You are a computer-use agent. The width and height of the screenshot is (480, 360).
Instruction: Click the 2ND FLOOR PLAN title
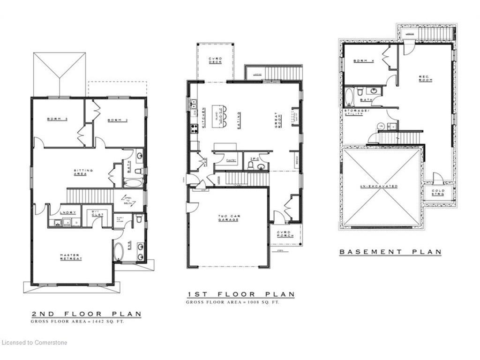coord(86,314)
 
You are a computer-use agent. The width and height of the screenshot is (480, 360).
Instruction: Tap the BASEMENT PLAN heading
coord(390,252)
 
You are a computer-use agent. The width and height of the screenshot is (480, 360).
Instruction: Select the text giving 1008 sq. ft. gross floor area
coord(232,302)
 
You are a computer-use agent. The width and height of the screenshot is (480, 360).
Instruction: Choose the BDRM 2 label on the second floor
coord(118,120)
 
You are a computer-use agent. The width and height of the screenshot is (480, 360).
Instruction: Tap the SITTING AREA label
coord(83,172)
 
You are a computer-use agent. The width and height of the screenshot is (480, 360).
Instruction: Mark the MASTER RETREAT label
coord(71,257)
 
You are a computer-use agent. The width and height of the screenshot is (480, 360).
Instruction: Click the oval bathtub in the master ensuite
coord(118,251)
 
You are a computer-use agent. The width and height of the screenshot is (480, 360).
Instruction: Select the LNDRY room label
coord(68,212)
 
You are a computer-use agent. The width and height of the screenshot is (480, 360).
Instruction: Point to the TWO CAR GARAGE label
coord(229,219)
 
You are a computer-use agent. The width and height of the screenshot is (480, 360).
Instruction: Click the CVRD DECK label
coord(215,60)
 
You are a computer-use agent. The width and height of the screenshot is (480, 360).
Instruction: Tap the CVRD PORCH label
coord(285,234)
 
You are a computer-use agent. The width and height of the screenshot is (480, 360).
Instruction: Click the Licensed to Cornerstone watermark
coord(34,343)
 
